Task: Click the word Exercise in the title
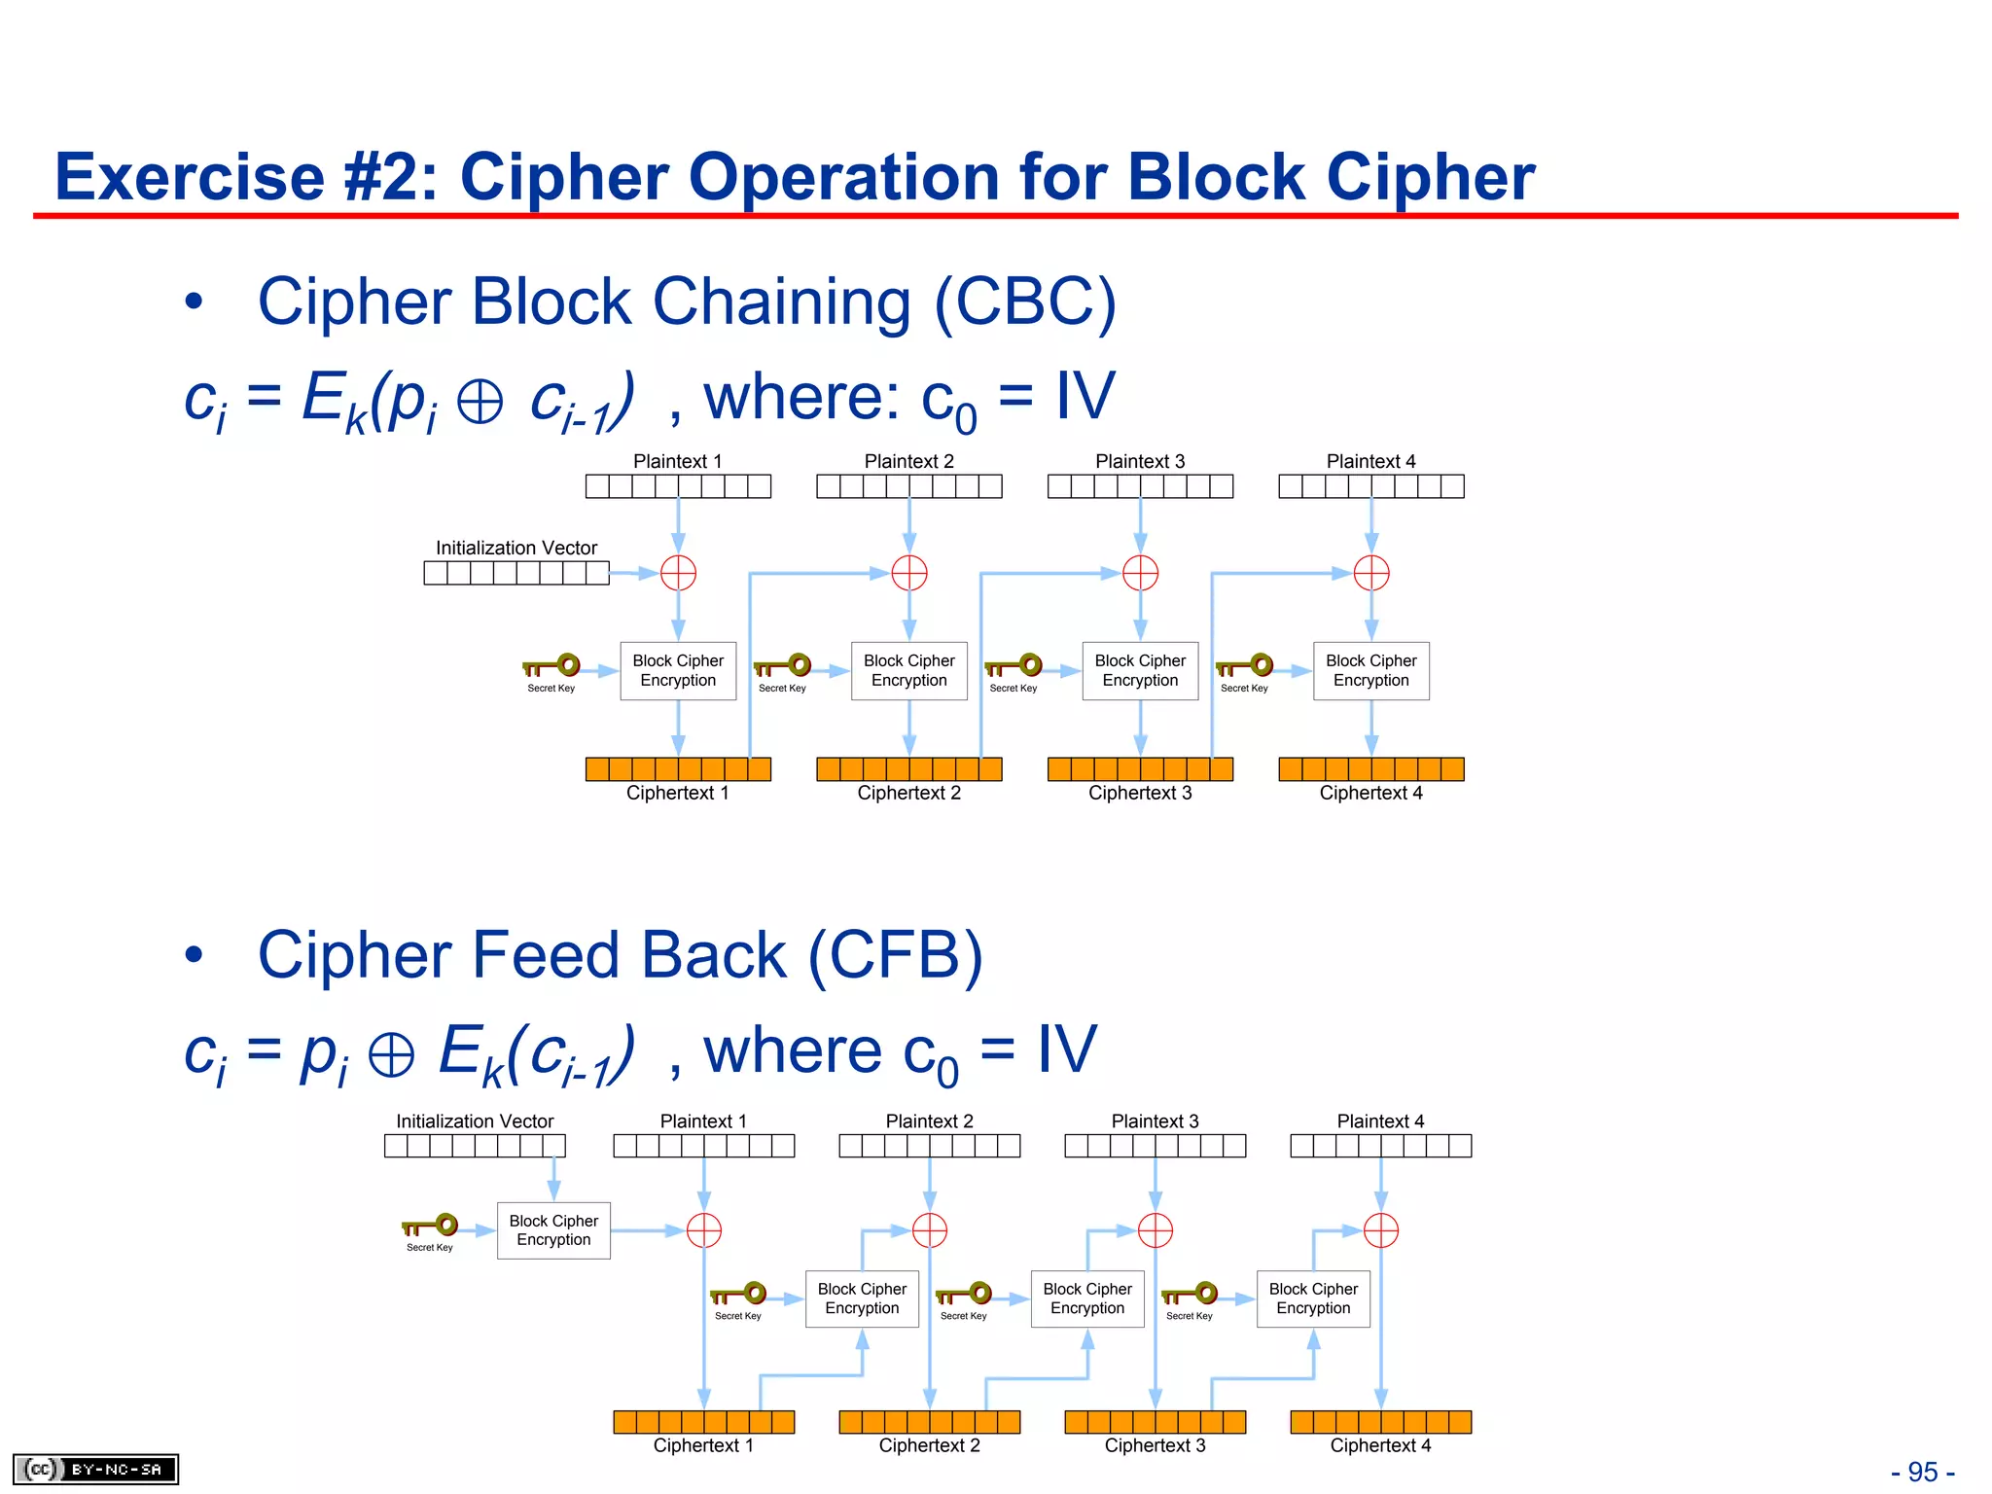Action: (x=190, y=177)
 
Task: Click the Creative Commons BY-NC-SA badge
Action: (x=95, y=1469)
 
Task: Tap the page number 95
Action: (x=1922, y=1472)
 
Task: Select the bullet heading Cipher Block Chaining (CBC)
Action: (x=686, y=302)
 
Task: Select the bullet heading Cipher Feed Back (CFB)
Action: (x=620, y=955)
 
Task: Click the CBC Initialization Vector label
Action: (x=516, y=548)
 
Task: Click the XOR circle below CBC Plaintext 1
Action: (x=678, y=573)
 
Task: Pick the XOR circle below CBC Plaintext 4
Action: (x=1371, y=573)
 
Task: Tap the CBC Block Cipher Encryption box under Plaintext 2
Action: (x=908, y=670)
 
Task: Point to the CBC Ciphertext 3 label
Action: (x=1140, y=793)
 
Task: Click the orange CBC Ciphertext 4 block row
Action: (x=1370, y=769)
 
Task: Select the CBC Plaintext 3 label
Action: (x=1140, y=461)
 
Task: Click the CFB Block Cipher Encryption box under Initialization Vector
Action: (x=553, y=1230)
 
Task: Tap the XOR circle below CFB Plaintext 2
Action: (x=929, y=1230)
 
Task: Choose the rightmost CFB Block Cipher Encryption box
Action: (x=1313, y=1298)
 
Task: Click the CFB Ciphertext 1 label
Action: (x=703, y=1445)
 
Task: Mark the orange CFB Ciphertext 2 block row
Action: (x=929, y=1422)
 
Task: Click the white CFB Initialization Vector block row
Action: (x=475, y=1146)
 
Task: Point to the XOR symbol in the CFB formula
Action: (x=392, y=1054)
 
